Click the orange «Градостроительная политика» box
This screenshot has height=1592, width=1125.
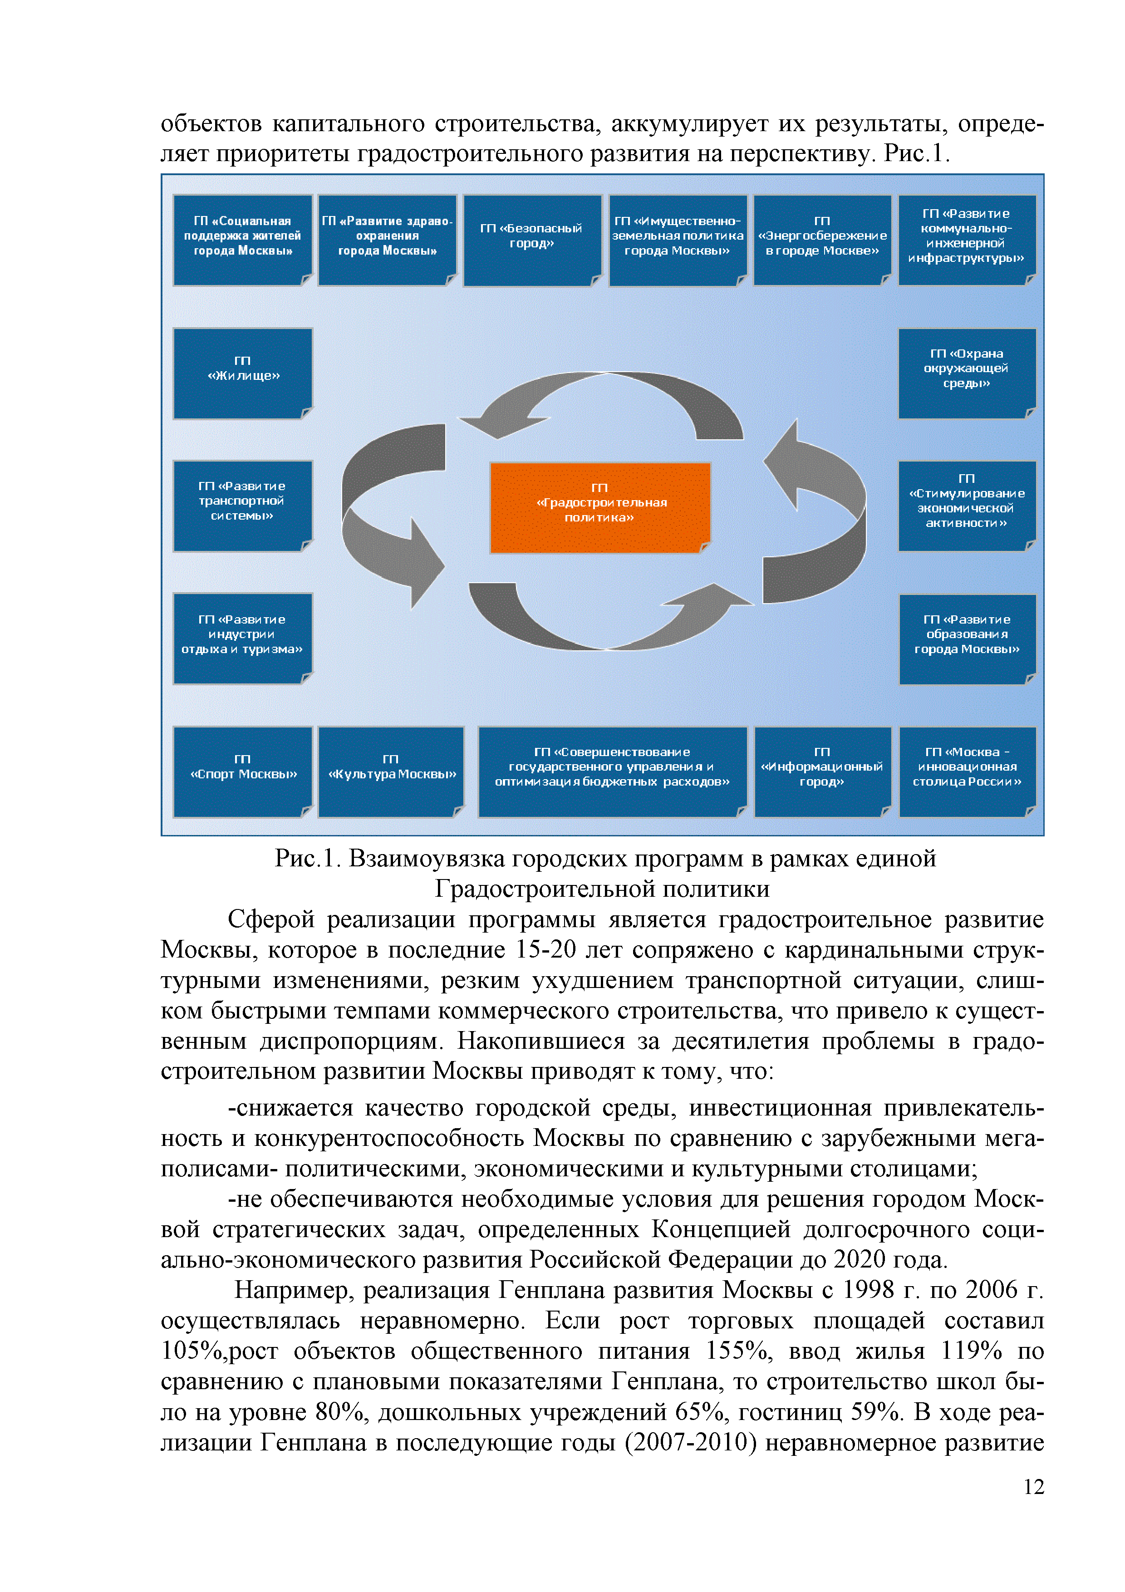click(599, 507)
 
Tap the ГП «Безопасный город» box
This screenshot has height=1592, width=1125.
click(532, 240)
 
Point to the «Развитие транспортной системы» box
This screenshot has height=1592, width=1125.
click(243, 506)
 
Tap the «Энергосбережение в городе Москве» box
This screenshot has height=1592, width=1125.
click(822, 240)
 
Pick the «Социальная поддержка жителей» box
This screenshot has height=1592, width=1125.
click(243, 240)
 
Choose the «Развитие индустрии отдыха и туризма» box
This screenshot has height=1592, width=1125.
click(243, 638)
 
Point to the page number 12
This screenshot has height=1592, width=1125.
click(1033, 1487)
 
